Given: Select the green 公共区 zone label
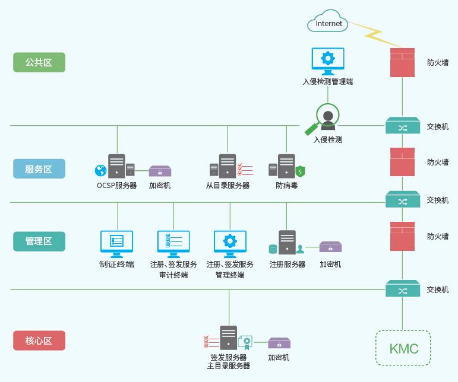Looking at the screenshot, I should [39, 62].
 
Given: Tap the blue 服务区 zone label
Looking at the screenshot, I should [39, 169].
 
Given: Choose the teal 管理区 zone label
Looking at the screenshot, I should [39, 241].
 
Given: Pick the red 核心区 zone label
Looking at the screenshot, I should [39, 341].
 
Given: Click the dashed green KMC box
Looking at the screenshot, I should [403, 348].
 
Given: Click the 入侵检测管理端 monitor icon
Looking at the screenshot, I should [328, 61].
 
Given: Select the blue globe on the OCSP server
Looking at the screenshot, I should [101, 171].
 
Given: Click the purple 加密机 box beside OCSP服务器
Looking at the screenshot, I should [160, 171].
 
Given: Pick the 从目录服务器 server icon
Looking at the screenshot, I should [227, 166].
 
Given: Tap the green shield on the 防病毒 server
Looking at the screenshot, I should [301, 172].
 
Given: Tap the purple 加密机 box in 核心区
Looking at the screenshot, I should [279, 343].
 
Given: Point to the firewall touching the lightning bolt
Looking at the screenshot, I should [402, 62].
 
